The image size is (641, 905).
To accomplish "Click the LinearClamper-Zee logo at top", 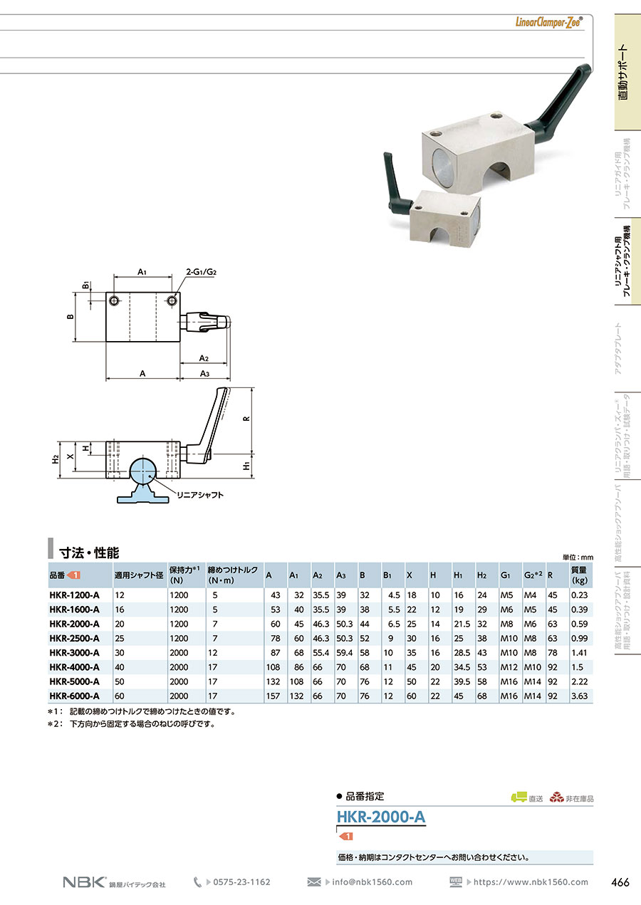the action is (x=549, y=22).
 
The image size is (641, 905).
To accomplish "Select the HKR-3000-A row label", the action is (x=74, y=652).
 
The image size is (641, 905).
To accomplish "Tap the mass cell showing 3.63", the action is (x=579, y=696).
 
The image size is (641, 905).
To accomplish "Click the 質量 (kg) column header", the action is (x=579, y=575).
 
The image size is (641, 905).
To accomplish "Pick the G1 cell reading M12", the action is (x=509, y=667).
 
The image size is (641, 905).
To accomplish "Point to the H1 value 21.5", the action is (x=462, y=624).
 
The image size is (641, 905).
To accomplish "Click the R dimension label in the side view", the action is (x=246, y=419).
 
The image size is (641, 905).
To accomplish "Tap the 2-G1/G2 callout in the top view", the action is (x=202, y=272).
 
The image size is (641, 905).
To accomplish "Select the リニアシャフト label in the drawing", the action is (x=200, y=495).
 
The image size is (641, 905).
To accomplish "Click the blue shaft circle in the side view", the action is (x=142, y=470).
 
